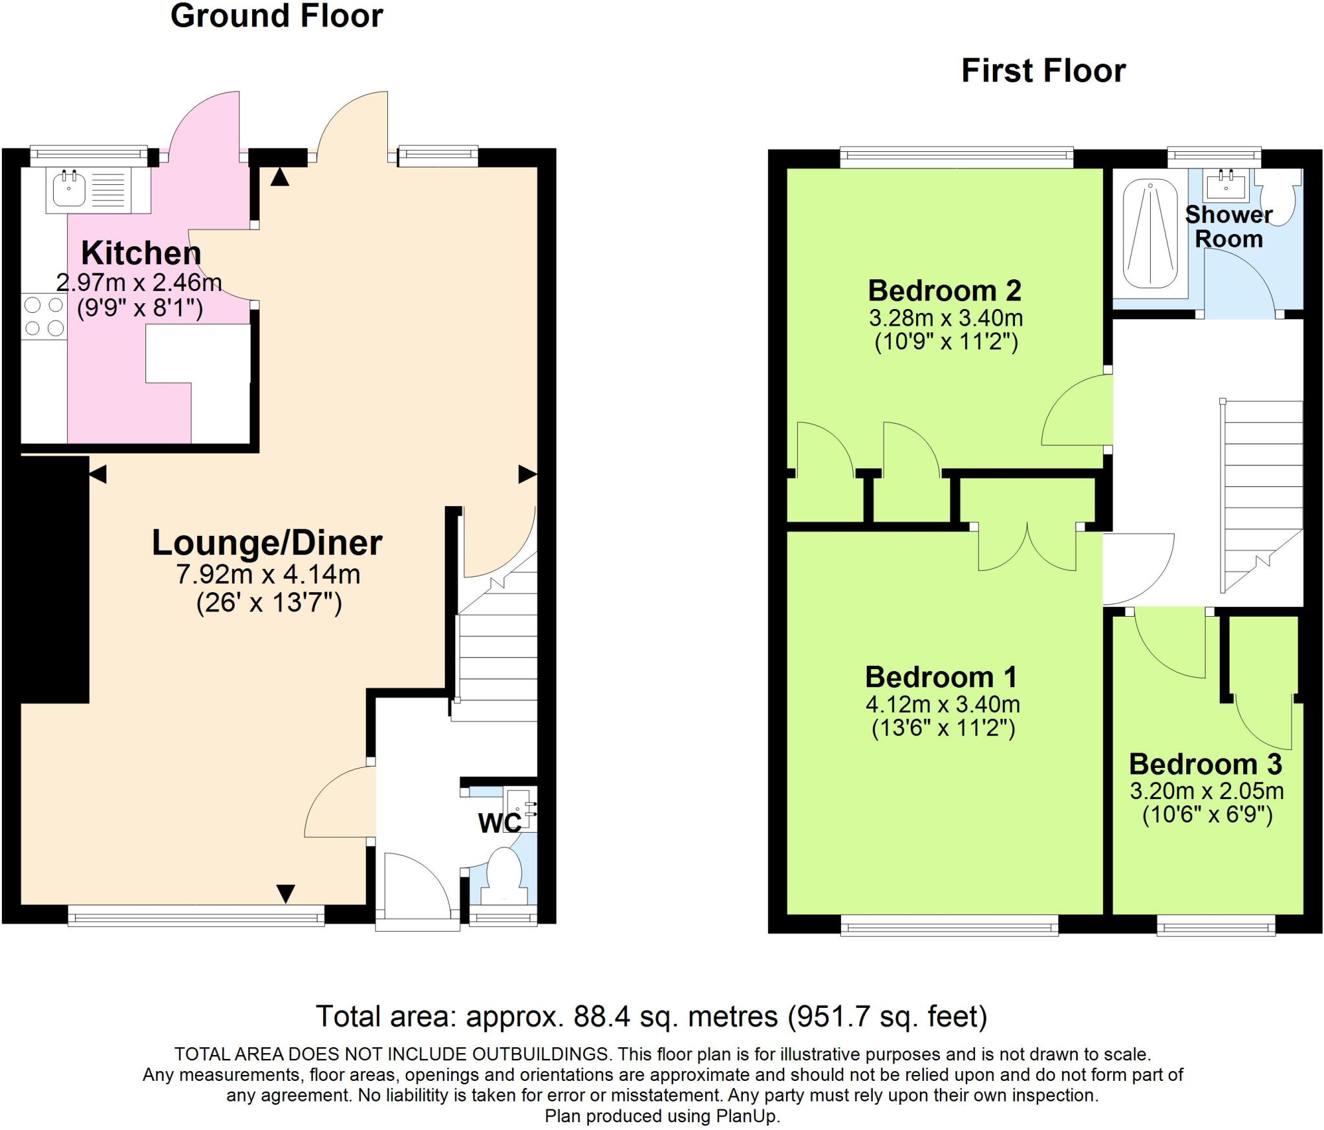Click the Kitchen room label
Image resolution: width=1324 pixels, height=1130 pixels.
pos(141,253)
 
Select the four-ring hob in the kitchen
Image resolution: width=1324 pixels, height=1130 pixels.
pos(44,316)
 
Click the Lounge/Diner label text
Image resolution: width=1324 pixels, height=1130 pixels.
pos(267,542)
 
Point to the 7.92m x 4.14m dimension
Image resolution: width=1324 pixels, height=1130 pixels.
pos(268,574)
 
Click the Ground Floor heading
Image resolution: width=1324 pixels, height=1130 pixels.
pos(277,16)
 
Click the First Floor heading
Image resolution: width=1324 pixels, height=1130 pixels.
pos(1043,70)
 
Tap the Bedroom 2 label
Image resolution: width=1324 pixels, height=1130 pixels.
pos(945,290)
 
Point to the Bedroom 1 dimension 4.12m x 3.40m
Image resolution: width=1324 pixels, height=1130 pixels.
pos(943,703)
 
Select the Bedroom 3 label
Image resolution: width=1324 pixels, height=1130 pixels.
pos(1205,764)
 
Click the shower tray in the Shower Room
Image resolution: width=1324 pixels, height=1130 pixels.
pos(1150,234)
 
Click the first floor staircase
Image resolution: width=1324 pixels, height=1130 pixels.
pos(1261,491)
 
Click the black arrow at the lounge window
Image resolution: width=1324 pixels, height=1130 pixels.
pos(286,894)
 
